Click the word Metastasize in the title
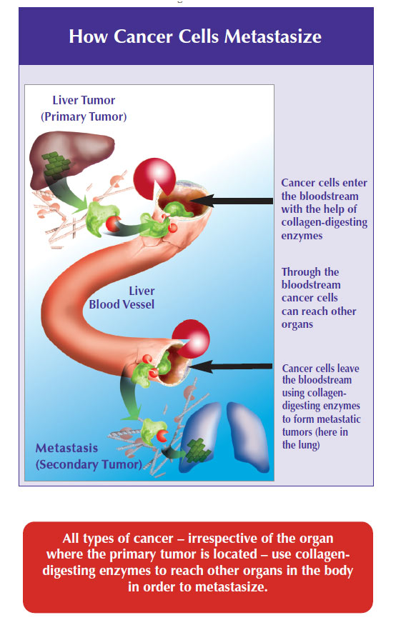(273, 36)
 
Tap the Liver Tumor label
(84, 100)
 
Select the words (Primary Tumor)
(84, 117)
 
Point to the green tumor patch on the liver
(56, 164)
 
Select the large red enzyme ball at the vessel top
(154, 178)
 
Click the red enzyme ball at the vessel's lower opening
(191, 339)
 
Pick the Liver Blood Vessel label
(122, 298)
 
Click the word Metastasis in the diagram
(66, 448)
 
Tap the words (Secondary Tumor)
(89, 464)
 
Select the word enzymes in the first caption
(302, 236)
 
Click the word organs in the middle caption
(297, 324)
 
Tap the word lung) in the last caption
(309, 445)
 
